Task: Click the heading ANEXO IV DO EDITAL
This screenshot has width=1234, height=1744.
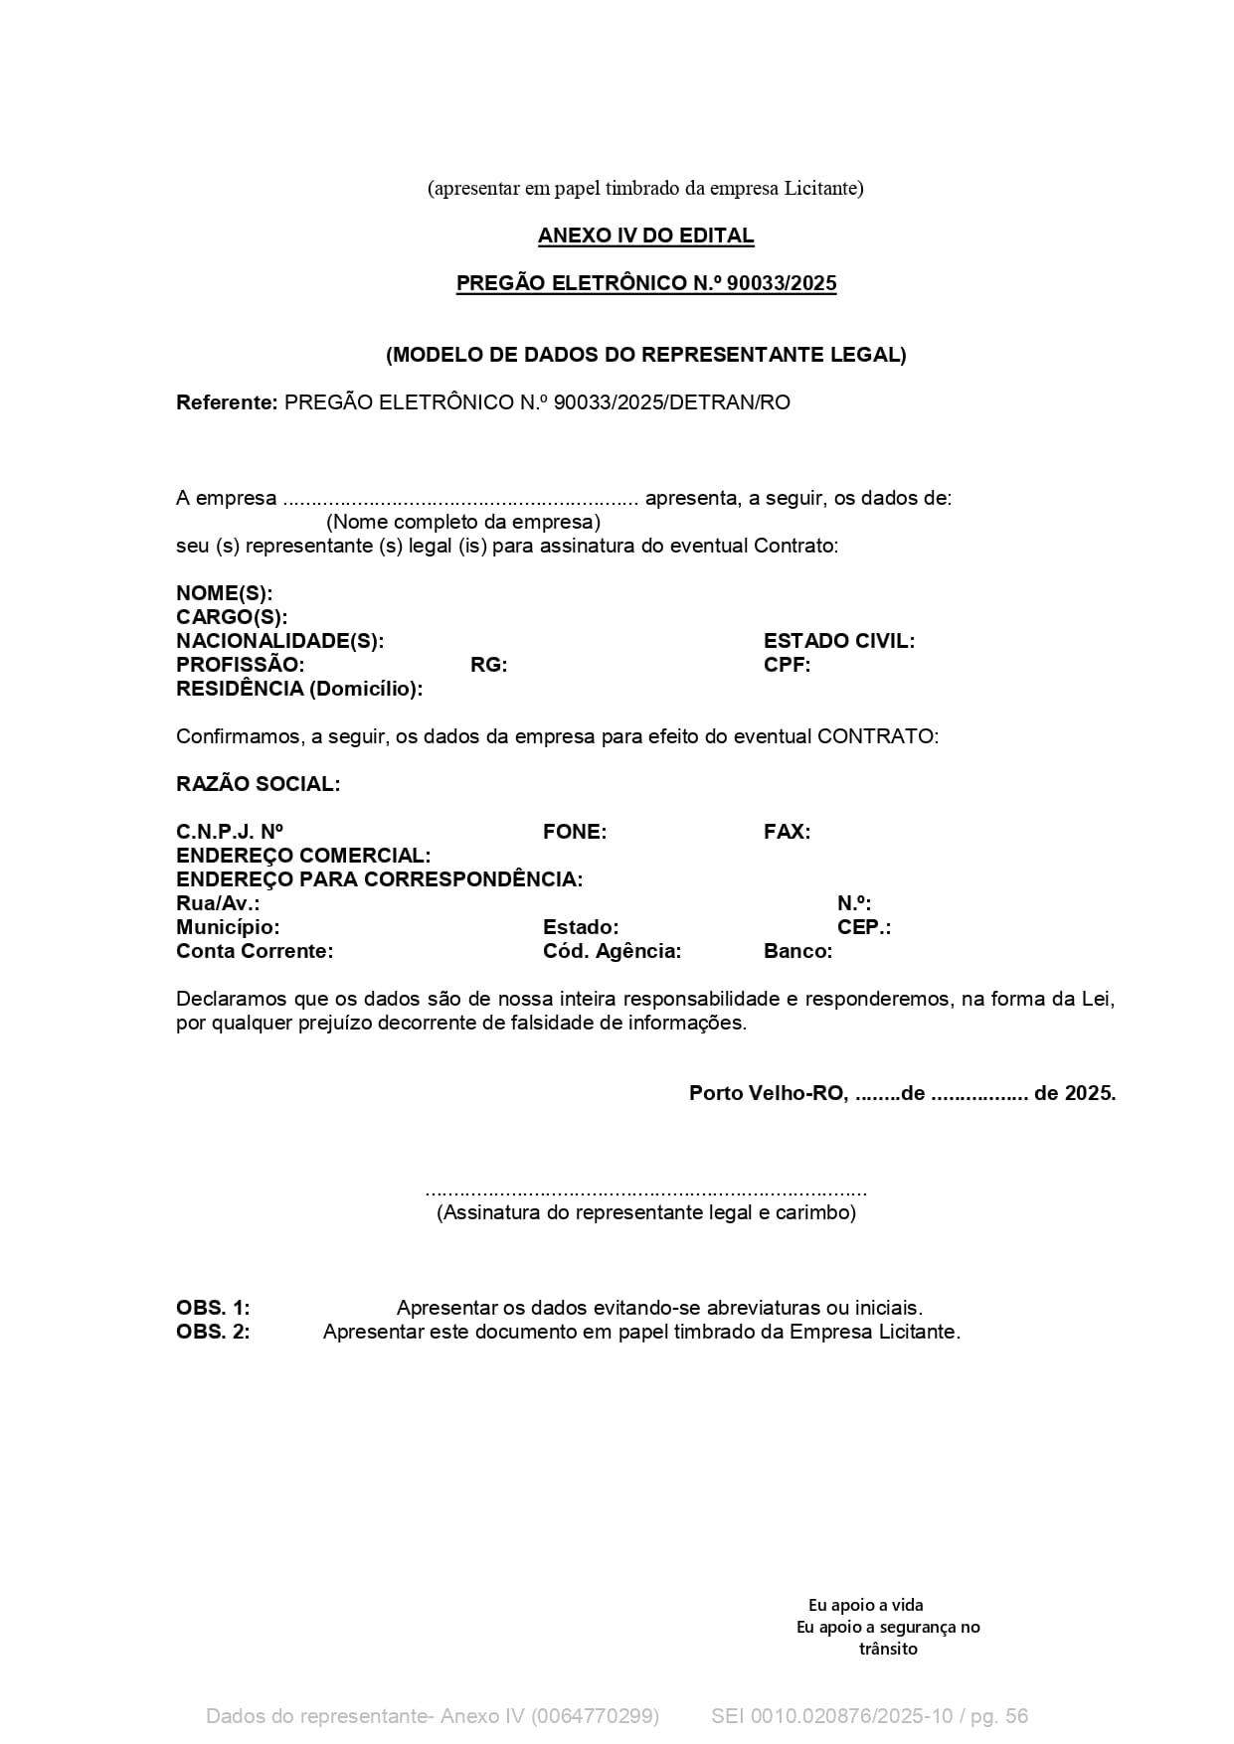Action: tap(645, 236)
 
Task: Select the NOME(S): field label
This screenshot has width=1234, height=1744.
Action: tap(224, 593)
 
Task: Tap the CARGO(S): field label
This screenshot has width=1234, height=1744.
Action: tap(232, 617)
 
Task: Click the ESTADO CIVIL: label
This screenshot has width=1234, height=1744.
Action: tap(838, 641)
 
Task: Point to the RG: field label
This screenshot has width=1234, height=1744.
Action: tap(488, 665)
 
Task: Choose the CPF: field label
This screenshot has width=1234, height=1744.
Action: tap(787, 665)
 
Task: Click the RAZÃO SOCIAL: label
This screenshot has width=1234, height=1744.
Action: tap(258, 784)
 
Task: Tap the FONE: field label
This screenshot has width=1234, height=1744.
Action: tap(574, 832)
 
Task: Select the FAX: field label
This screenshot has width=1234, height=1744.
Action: tap(787, 832)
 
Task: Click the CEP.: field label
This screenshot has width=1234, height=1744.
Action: tap(863, 927)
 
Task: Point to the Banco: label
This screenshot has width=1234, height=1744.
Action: tap(797, 951)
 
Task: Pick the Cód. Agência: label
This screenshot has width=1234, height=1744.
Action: tap(612, 951)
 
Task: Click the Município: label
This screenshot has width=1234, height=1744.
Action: tap(228, 927)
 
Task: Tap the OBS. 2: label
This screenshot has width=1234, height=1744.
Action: tap(213, 1332)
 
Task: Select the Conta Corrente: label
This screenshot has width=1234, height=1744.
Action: tap(255, 951)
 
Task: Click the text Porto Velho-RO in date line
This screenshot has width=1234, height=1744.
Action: tap(768, 1093)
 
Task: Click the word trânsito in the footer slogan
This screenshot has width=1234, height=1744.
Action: tap(888, 1649)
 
